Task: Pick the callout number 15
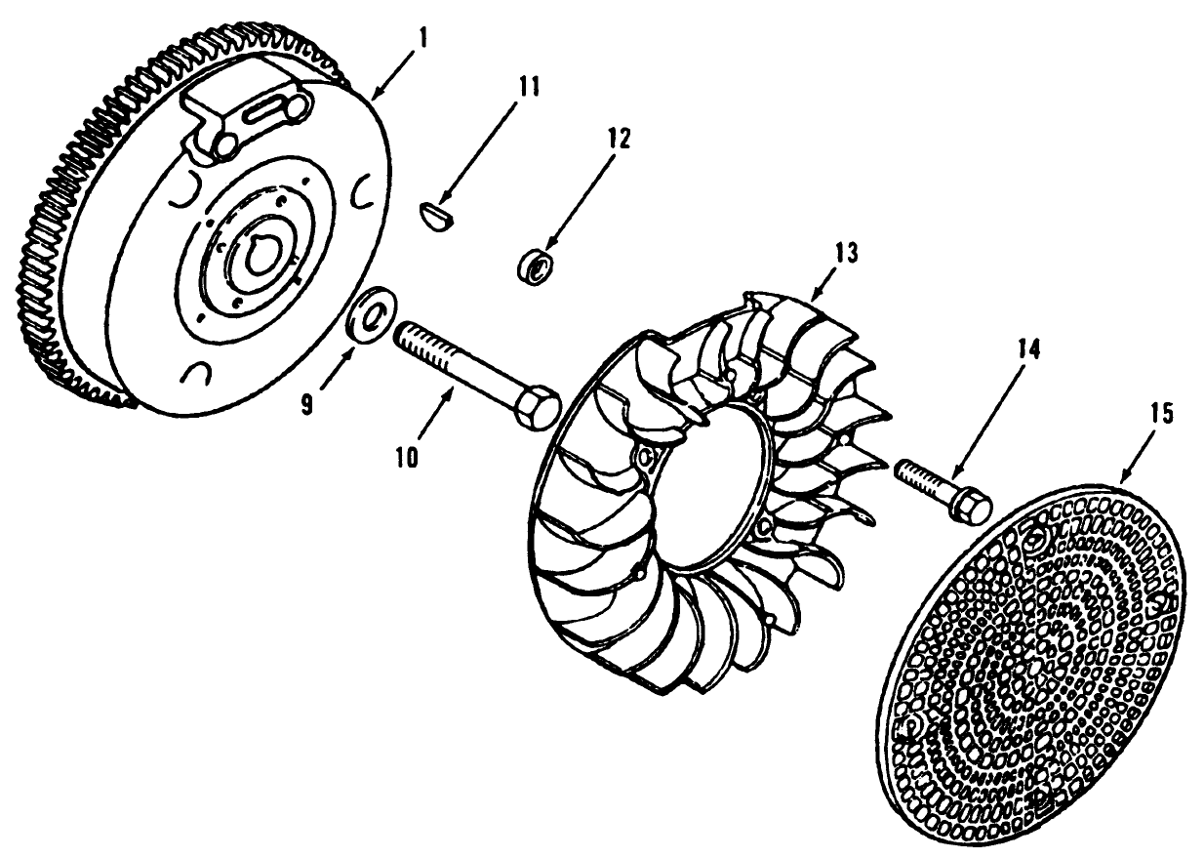click(1161, 412)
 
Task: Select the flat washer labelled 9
click(373, 313)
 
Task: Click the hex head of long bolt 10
click(535, 403)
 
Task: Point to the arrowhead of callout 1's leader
click(374, 98)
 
